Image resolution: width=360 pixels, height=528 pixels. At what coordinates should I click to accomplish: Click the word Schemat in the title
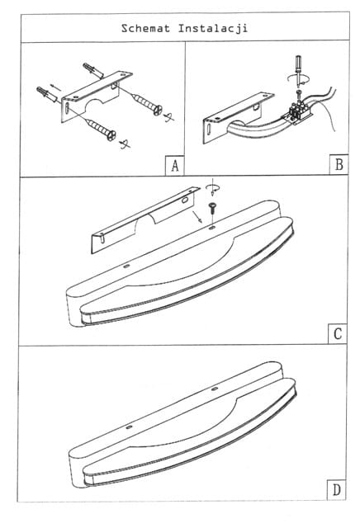click(145, 28)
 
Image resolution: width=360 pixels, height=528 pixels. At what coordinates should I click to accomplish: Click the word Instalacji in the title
click(213, 28)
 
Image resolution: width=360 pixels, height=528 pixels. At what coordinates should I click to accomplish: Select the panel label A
click(174, 166)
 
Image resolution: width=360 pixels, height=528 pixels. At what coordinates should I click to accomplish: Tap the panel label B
click(339, 165)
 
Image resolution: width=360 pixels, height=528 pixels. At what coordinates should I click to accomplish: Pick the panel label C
click(338, 334)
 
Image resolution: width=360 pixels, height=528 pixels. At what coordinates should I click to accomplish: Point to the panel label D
click(336, 489)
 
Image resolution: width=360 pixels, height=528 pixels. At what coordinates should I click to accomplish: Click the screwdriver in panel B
click(298, 70)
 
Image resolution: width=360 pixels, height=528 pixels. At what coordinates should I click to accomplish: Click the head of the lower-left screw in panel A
click(111, 135)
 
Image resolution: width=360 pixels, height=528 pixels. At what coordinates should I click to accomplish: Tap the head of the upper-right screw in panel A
click(158, 110)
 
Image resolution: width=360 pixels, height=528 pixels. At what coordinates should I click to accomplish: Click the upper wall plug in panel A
click(93, 70)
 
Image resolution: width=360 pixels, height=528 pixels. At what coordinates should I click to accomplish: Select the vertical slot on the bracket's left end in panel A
click(67, 109)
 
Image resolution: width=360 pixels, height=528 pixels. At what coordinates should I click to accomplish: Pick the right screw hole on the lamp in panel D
click(215, 389)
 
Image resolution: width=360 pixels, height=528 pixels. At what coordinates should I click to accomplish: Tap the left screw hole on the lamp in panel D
click(129, 427)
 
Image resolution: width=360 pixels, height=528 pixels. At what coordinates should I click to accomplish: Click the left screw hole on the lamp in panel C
click(126, 266)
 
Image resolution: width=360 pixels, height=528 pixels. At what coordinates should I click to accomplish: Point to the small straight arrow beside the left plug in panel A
click(55, 87)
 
